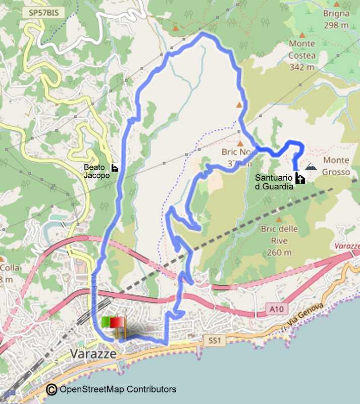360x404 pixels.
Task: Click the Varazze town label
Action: point(93,353)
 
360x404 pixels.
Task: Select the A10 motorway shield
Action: point(272,308)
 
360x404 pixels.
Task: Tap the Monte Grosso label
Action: point(336,166)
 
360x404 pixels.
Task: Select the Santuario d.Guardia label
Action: point(273,182)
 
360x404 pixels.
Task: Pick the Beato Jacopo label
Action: point(96,172)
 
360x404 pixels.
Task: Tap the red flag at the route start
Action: point(119,323)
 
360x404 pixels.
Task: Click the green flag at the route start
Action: point(107,322)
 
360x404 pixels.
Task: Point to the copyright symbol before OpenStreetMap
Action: point(52,389)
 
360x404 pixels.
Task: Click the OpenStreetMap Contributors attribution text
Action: point(118,389)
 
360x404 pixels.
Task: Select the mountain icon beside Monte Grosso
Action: point(312,166)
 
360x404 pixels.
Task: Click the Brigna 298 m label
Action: point(336,19)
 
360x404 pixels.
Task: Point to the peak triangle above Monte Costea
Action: point(302,35)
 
